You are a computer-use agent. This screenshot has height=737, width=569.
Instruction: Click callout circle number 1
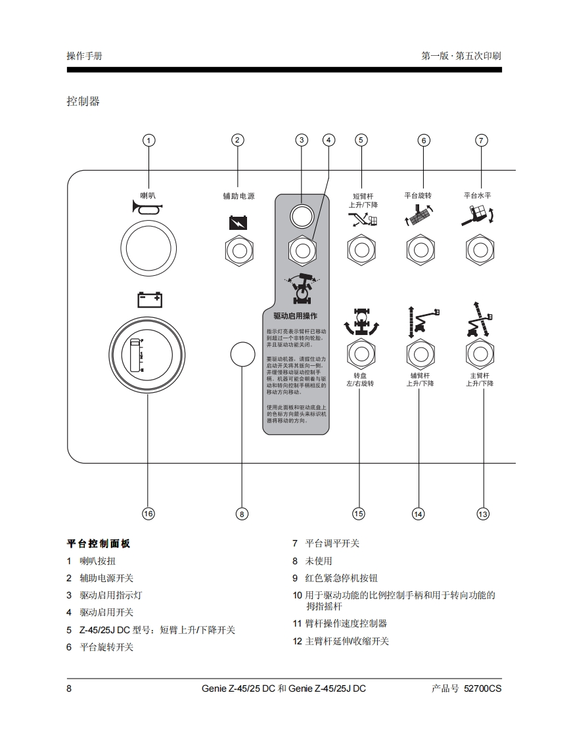click(149, 140)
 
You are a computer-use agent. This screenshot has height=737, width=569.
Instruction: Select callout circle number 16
click(148, 514)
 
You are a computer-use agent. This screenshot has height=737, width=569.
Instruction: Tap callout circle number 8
click(242, 514)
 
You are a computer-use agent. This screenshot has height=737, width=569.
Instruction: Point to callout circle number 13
click(483, 514)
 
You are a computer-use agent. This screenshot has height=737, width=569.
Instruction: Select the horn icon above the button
click(148, 209)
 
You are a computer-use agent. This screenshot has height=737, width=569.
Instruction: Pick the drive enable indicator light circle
click(302, 214)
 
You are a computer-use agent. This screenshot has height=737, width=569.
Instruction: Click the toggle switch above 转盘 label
click(360, 354)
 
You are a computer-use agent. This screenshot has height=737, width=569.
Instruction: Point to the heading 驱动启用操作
click(295, 316)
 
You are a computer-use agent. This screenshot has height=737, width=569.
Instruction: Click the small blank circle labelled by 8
click(242, 354)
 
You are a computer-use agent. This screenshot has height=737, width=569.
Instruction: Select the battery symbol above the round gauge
click(149, 300)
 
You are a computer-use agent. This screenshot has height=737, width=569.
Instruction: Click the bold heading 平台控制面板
click(99, 544)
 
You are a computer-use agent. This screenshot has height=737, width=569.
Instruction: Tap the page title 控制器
click(83, 101)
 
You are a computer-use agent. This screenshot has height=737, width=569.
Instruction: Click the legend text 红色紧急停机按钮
click(342, 578)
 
